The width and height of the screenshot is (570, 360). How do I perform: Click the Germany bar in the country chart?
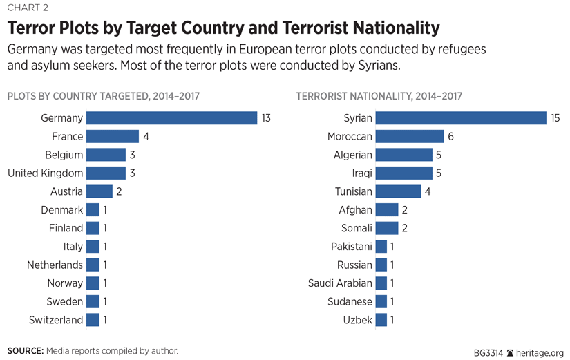171,118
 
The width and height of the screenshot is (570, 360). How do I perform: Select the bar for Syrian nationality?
460,118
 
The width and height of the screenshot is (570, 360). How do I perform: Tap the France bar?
113,137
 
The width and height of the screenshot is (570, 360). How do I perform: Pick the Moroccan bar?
410,137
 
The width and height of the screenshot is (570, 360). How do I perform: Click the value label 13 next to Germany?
265,118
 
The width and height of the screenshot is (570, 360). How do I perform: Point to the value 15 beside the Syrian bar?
555,118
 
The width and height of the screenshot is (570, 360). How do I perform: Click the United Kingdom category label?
46,173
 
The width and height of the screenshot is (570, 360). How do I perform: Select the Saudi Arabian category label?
340,283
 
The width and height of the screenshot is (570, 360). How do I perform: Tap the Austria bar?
99,191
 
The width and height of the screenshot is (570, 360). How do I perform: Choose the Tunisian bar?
398,191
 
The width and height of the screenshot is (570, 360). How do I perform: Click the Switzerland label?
56,320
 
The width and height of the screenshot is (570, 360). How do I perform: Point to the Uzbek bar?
381,320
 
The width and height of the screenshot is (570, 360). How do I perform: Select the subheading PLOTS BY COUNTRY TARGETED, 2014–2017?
103,96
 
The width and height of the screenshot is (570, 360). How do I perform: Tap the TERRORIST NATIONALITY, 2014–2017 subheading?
379,96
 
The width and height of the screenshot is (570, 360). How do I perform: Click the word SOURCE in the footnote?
25,351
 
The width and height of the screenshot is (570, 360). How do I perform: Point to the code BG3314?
488,352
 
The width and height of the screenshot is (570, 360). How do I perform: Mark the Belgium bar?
106,155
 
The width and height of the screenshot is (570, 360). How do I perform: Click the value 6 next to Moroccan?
450,137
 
